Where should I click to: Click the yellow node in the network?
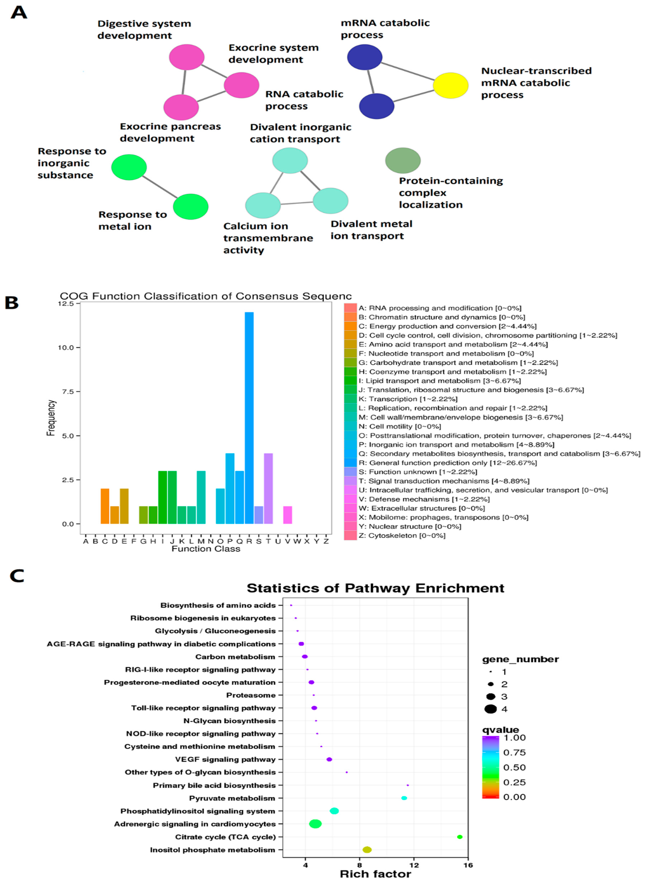(x=451, y=85)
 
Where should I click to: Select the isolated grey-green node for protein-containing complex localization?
(x=403, y=160)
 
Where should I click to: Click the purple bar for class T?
(x=268, y=488)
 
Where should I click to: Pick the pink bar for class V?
(x=287, y=515)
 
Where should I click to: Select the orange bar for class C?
(x=105, y=506)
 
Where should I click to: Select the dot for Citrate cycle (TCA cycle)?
(x=459, y=837)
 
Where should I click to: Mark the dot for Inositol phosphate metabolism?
(x=367, y=850)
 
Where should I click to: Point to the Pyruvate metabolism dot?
(x=404, y=798)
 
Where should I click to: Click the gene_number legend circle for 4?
(x=491, y=709)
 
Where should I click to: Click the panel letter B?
(x=12, y=303)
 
